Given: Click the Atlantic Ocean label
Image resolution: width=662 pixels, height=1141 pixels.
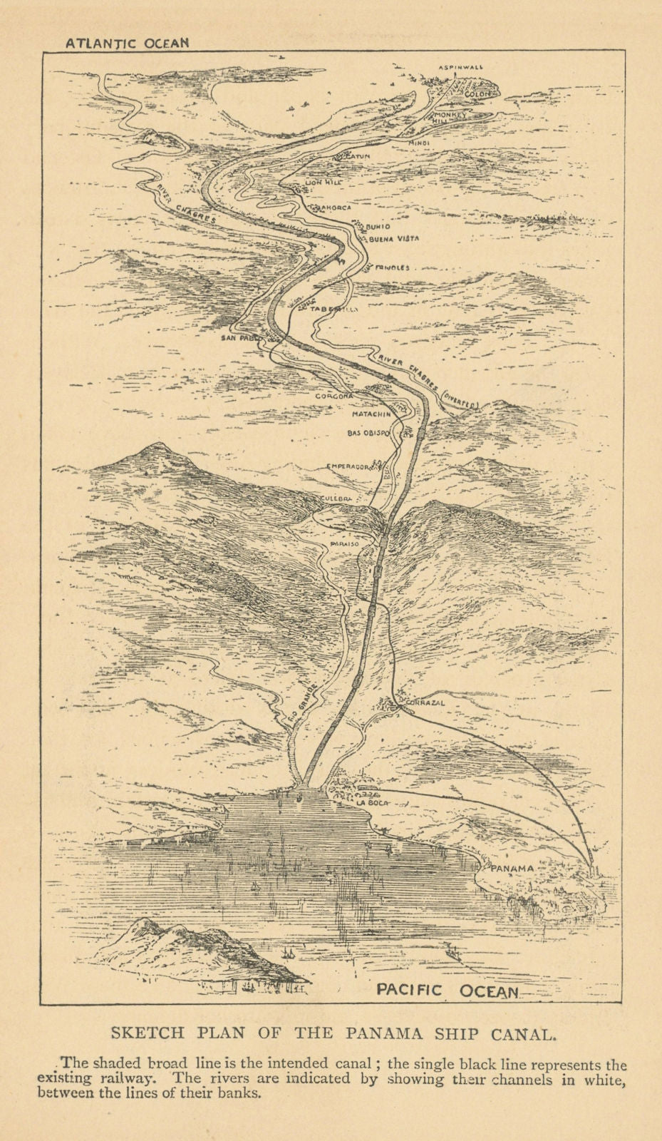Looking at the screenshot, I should point(128,42).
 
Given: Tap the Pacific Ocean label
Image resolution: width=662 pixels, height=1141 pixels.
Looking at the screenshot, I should point(448,991).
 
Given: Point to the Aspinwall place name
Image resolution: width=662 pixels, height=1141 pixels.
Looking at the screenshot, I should point(460,67).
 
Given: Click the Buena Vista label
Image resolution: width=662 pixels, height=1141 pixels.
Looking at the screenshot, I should point(394,238).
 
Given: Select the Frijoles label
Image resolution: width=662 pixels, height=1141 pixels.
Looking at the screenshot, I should point(393,268).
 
